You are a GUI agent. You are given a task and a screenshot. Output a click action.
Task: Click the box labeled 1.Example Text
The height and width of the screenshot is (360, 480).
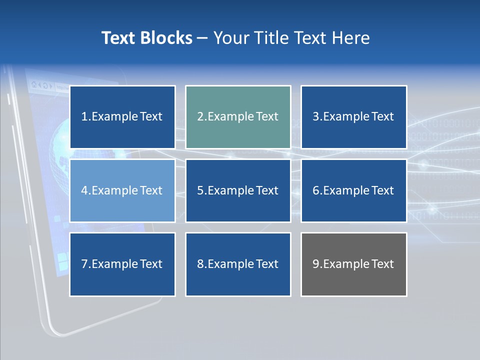pos(122,117)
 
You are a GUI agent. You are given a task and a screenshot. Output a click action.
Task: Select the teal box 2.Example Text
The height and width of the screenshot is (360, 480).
pos(238,117)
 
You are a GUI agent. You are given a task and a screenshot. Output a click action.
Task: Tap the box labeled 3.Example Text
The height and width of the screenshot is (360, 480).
pos(353,117)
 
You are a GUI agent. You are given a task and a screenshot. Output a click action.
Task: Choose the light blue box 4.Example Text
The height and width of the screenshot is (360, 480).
pos(122,190)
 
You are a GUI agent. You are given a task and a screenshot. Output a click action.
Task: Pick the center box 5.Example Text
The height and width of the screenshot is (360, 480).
pos(238,190)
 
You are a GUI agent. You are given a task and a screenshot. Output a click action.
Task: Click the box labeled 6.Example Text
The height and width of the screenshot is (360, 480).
pos(353,190)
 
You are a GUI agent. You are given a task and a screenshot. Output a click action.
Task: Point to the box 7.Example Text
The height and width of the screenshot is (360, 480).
pos(122,264)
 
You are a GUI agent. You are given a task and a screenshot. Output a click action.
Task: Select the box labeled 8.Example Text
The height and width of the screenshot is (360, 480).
pos(238,264)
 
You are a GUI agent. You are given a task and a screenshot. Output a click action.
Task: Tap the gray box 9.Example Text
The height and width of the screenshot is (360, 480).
pos(353,264)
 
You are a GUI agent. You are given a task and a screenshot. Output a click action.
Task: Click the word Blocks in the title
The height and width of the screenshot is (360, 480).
pos(167,38)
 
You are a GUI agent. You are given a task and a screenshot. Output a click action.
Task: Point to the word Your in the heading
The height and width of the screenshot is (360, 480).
pos(230,38)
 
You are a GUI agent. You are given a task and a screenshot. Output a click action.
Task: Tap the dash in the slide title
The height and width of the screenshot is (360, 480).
pos(202,38)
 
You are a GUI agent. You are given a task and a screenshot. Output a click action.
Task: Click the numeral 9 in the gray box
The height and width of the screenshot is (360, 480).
pos(315,264)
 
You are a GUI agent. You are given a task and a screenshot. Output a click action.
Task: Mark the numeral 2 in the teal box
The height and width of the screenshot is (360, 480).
pos(200,117)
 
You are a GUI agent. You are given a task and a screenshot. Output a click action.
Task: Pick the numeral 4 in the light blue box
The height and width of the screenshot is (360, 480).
pos(84,190)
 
